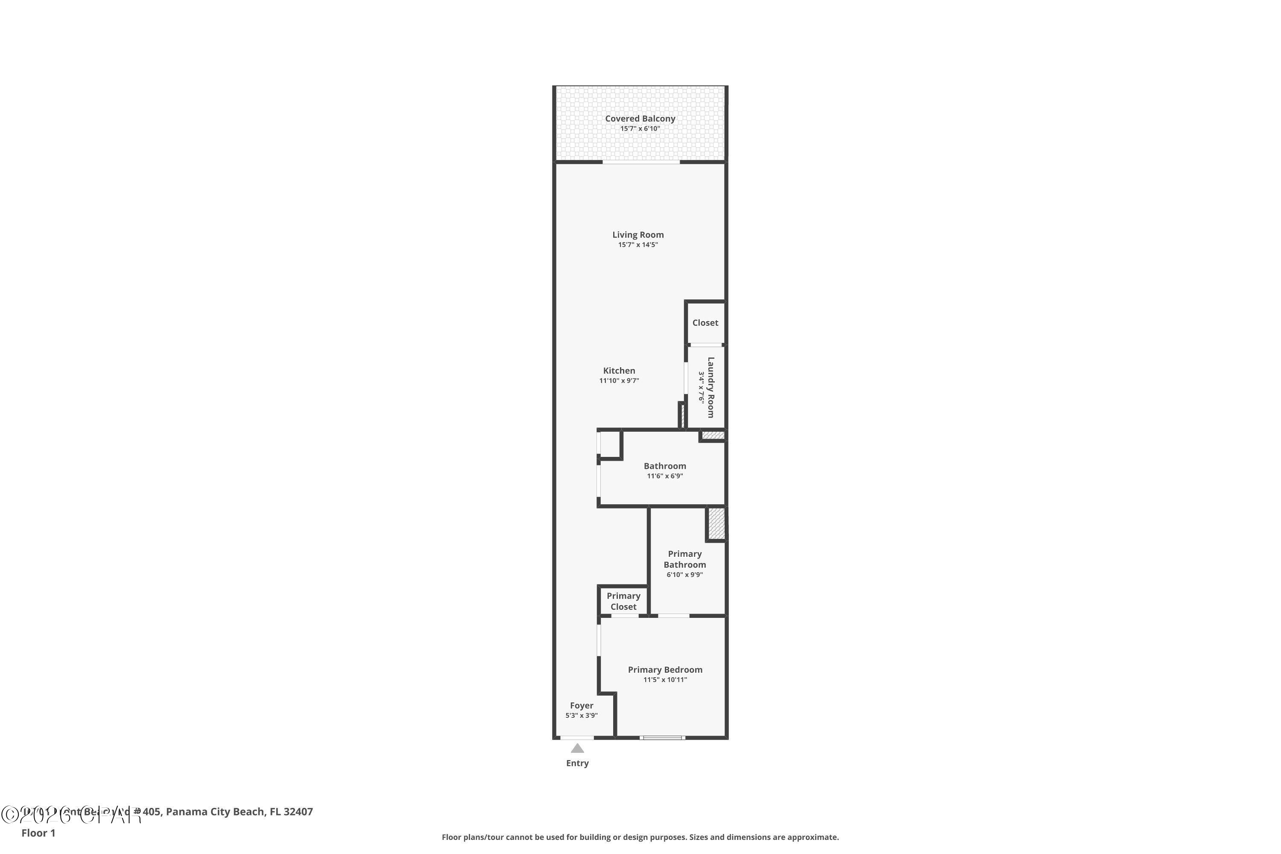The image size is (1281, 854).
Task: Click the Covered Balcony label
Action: pos(640,118)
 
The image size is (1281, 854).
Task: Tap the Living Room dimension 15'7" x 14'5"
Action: pos(638,245)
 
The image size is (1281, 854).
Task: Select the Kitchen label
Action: pos(619,370)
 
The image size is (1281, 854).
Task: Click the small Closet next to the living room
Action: pos(705,322)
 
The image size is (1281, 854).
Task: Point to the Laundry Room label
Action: pos(710,387)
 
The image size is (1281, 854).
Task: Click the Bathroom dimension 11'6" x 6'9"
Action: pos(664,476)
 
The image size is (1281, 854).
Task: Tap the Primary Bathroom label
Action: pos(684,559)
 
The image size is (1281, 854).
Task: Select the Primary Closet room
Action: pos(623,601)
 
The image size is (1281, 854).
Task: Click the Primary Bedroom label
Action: pos(665,670)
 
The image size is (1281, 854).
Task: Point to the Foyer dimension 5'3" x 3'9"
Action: pos(581,716)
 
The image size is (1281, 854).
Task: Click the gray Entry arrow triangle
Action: pos(577,749)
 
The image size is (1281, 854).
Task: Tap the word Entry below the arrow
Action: pos(577,763)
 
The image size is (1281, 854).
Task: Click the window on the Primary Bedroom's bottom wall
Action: pos(662,737)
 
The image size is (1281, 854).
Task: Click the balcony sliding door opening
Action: pos(641,162)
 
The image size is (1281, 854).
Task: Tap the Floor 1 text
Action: pos(38,833)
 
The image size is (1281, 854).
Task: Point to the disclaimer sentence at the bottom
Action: pos(640,837)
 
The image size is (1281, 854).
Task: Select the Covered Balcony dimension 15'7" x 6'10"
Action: pos(640,129)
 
